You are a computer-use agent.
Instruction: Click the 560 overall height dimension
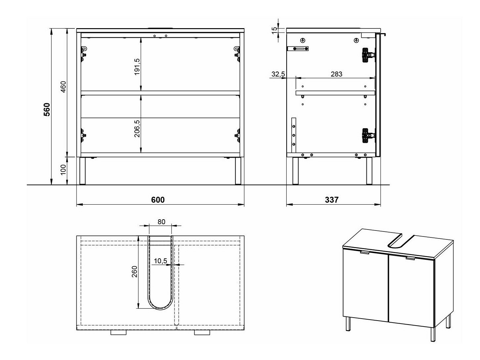coord(47,109)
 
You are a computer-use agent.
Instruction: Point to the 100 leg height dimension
coord(63,170)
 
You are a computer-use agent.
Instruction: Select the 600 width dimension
coord(158,200)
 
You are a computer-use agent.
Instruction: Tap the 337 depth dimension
coord(332,200)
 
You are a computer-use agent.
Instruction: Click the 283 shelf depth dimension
coord(336,74)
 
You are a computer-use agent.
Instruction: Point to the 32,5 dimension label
coord(278,74)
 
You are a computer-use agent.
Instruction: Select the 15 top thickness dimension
coord(274,29)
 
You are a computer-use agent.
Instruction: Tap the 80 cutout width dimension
coord(161,222)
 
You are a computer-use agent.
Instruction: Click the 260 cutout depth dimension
coord(135,272)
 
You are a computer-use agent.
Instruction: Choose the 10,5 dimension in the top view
coord(161,261)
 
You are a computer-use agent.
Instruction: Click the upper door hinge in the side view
coord(367,55)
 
